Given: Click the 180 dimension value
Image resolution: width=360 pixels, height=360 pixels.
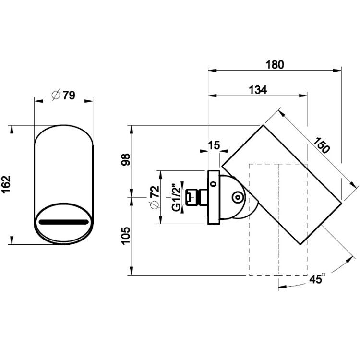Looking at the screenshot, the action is point(275,65).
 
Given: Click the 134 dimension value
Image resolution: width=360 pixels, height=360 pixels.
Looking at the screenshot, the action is point(258,90).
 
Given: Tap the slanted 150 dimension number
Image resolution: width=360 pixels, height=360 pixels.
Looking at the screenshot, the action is point(322,145).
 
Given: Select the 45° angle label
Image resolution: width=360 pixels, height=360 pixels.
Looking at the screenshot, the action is point(317,278).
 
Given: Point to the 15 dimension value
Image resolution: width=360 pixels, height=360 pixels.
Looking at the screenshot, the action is point(214,145).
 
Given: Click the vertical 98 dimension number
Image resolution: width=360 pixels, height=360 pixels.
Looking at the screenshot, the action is point(126,159).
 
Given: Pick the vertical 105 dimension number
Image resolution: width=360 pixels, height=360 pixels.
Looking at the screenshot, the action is point(126,236).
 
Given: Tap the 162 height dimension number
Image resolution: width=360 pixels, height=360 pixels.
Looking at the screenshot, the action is point(6,185).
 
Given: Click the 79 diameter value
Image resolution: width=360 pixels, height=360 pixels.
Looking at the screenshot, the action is point(69,96).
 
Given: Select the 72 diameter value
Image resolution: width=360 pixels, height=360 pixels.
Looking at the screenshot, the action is point(156,192).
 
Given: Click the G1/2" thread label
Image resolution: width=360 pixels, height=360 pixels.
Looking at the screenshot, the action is point(176,197).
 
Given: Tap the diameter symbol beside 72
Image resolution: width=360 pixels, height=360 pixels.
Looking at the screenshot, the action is point(155,204).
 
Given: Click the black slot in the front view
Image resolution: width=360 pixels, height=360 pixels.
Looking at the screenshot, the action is point(63,222).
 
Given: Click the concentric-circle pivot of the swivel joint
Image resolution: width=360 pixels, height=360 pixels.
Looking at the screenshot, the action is point(238,197).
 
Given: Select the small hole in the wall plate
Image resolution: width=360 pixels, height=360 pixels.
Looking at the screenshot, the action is point(214,184).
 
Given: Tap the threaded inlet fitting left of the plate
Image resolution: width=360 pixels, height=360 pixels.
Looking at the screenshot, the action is point(196,197).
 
